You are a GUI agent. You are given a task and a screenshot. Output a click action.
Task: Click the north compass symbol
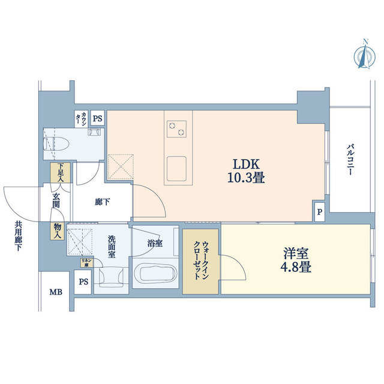tap(364, 54)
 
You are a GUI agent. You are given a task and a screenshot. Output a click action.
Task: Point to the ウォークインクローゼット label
tap(202, 263)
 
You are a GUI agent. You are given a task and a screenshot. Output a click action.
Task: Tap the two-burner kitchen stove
tap(177, 127)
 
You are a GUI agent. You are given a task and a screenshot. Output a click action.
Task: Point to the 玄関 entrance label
tap(56, 200)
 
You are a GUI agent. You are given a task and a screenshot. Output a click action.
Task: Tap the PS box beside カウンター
tap(97, 118)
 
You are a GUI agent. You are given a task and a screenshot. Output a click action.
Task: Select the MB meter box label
tap(55, 293)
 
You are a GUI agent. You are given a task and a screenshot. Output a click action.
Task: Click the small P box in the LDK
tap(319, 212)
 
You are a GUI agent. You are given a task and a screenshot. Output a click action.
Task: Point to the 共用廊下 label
tap(19, 236)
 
